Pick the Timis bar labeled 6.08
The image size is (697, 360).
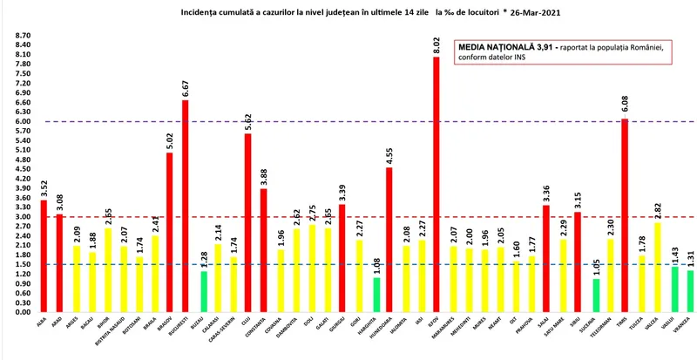625,214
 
